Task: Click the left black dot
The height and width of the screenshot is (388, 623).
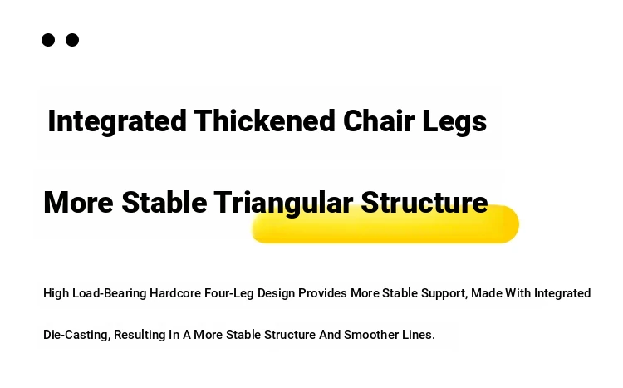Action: point(48,40)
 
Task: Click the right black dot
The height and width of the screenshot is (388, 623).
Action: point(72,40)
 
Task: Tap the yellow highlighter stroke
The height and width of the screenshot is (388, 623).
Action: point(385,224)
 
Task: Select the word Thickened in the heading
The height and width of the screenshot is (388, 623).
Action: point(265,120)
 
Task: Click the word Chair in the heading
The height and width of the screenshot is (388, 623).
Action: point(379,120)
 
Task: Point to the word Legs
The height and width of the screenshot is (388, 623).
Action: point(454,122)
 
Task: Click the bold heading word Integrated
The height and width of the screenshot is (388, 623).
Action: point(117,121)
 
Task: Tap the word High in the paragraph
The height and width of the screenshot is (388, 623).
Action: point(56,293)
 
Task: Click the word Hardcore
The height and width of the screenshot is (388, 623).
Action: point(175,293)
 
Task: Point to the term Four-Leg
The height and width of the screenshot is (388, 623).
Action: point(229,293)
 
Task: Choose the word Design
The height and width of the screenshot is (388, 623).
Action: point(276,293)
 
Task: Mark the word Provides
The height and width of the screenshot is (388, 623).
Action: point(322,293)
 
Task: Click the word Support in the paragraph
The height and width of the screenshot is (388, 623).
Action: point(444,294)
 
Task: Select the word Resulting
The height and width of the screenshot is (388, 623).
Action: point(140,335)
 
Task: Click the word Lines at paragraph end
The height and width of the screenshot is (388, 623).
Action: point(419,335)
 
